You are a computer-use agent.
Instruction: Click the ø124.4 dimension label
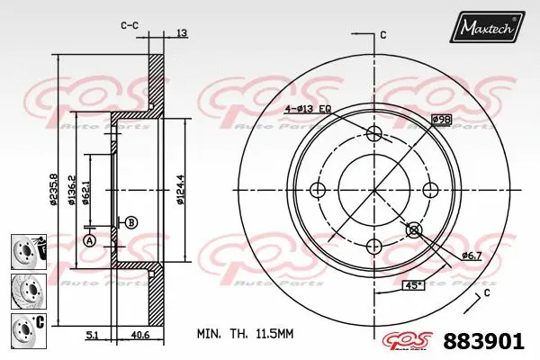181,190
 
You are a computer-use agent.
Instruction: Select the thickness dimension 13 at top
183,33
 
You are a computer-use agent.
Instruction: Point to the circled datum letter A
89,240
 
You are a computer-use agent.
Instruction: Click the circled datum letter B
131,222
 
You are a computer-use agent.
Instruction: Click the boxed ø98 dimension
441,119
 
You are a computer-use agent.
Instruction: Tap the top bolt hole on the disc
374,134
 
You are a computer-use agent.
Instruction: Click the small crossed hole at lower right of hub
414,230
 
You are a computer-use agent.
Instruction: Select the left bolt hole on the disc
317,191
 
